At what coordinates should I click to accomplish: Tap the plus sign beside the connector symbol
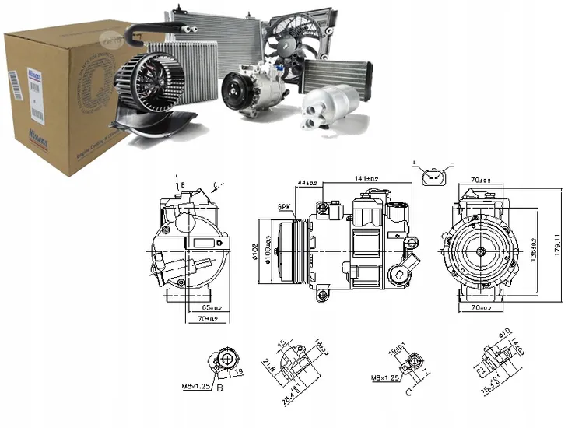(x=415, y=165)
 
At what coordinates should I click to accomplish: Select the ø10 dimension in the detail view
(x=503, y=333)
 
